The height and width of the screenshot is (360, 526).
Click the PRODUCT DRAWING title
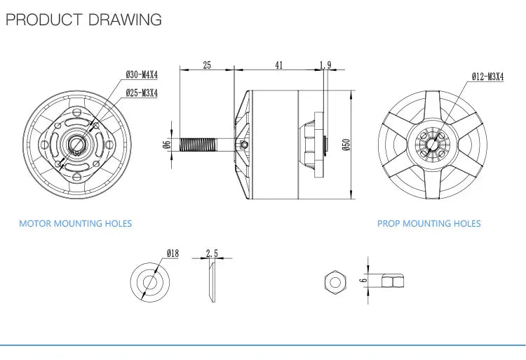point(83,19)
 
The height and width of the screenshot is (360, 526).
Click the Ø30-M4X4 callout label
point(142,74)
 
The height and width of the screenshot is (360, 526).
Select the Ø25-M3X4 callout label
point(142,92)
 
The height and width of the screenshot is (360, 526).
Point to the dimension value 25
point(207,65)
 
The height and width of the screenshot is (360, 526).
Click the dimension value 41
point(279,65)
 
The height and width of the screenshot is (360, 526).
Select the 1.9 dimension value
point(325,65)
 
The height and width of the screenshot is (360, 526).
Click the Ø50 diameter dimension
point(346,145)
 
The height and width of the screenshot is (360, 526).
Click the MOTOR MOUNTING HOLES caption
point(75,223)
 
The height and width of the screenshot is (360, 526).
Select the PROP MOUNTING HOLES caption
point(429,223)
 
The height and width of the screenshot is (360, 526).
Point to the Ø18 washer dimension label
point(173,253)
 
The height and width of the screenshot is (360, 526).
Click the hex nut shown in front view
point(334,281)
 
